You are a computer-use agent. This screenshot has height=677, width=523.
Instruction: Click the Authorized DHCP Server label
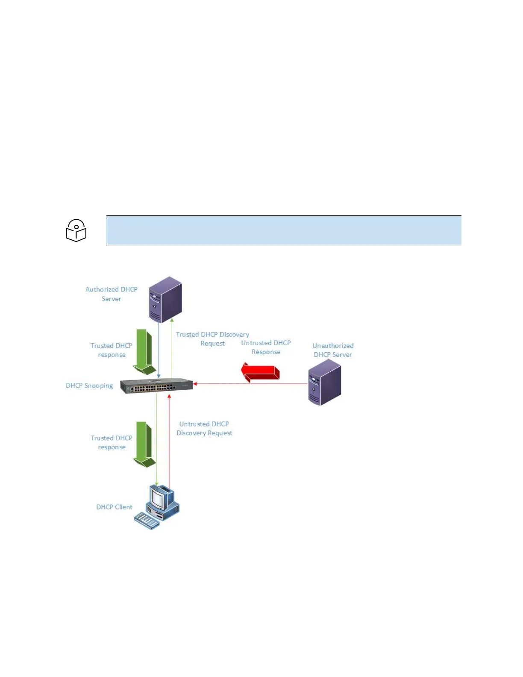111,294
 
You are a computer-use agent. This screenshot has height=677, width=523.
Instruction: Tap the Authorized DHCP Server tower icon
165,299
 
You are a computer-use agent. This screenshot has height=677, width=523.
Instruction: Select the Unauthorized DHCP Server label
333,350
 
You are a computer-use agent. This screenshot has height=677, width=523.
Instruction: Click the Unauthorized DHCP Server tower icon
325,382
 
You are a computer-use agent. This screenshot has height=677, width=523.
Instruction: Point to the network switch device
156,386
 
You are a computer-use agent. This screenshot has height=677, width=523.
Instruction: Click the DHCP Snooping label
89,386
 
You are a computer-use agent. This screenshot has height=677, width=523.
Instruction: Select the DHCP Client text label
114,507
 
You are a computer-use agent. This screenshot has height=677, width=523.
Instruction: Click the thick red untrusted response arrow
260,372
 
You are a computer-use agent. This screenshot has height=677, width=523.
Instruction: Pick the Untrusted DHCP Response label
266,347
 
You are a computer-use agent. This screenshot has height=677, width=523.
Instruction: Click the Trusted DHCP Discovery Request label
212,339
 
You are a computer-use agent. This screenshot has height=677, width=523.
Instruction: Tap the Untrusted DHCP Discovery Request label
204,428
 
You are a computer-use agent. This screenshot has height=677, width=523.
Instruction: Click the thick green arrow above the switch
144,352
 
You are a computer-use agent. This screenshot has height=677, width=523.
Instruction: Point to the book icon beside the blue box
76,230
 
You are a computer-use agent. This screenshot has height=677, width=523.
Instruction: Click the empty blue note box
284,230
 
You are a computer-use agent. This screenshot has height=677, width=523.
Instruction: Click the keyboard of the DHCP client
147,521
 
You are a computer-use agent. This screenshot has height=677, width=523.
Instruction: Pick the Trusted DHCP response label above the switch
112,350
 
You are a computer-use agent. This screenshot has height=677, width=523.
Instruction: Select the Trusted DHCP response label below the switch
112,442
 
